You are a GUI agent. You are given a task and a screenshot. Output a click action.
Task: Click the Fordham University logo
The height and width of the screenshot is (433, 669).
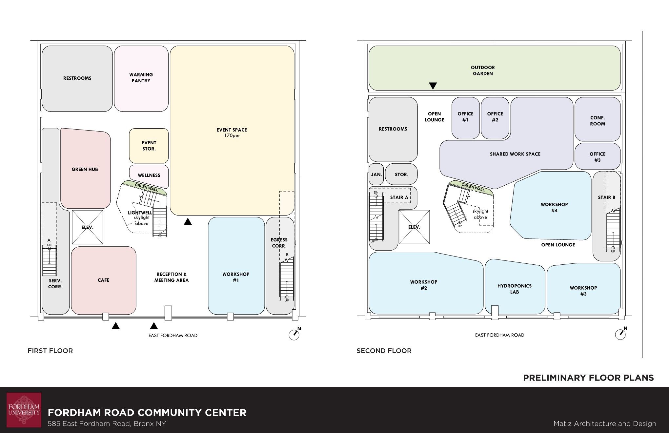[24, 410]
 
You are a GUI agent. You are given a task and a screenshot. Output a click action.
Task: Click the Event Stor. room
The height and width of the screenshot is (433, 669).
[149, 146]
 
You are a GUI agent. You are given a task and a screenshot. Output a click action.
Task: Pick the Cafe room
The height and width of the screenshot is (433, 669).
[104, 280]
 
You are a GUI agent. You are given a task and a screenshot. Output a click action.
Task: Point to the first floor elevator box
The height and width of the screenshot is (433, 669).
[87, 227]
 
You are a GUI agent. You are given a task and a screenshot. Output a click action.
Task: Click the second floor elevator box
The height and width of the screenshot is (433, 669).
[414, 227]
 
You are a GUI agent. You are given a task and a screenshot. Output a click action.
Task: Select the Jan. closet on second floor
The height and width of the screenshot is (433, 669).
[376, 174]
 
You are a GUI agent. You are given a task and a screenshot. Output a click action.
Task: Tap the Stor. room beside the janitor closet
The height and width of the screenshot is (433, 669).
[401, 174]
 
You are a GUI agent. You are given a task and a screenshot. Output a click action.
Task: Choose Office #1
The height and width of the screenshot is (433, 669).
[466, 118]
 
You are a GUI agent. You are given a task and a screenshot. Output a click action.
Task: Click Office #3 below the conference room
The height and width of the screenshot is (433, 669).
[598, 156]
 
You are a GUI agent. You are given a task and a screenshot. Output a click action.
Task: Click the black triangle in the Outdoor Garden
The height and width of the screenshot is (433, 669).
[433, 86]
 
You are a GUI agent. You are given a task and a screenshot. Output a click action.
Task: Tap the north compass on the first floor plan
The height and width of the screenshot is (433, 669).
[294, 334]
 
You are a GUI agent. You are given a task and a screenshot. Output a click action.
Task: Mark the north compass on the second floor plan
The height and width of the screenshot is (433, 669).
[621, 334]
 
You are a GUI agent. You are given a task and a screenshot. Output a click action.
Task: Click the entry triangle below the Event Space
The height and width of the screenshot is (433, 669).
[188, 221]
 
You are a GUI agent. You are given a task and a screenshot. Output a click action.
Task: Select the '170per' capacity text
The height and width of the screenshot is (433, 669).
[232, 135]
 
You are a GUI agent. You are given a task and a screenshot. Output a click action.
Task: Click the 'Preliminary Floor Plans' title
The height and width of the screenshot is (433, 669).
[588, 378]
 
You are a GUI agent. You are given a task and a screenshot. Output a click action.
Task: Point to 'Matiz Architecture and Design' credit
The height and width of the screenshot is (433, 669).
[605, 424]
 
